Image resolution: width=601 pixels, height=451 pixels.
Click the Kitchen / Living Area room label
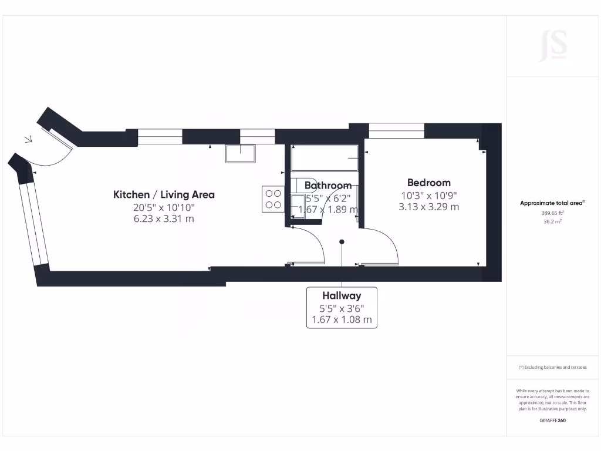pos(164,194)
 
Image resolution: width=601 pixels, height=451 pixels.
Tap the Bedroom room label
pos(429,183)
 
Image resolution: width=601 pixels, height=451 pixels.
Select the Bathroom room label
pos(328,186)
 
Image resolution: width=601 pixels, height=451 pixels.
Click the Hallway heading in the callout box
pos(341,295)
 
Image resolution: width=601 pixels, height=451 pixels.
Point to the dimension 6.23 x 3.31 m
pos(164,219)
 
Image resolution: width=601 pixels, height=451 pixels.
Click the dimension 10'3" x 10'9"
pos(429,196)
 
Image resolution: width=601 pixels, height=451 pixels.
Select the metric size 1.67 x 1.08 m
pos(341,321)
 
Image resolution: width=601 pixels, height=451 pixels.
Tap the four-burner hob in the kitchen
pos(272,198)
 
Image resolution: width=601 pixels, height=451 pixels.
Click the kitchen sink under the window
pos(240,153)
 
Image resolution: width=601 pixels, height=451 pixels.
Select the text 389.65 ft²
pos(552,213)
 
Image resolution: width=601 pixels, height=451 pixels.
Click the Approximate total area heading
pos(552,203)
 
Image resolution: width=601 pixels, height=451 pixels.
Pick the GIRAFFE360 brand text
pos(552,420)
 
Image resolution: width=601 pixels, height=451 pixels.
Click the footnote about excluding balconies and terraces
pos(552,367)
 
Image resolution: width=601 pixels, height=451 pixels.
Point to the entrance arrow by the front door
pos(28,140)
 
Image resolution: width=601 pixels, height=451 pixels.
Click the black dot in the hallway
pos(342,241)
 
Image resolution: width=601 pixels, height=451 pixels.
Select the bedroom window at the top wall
pos(396,130)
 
